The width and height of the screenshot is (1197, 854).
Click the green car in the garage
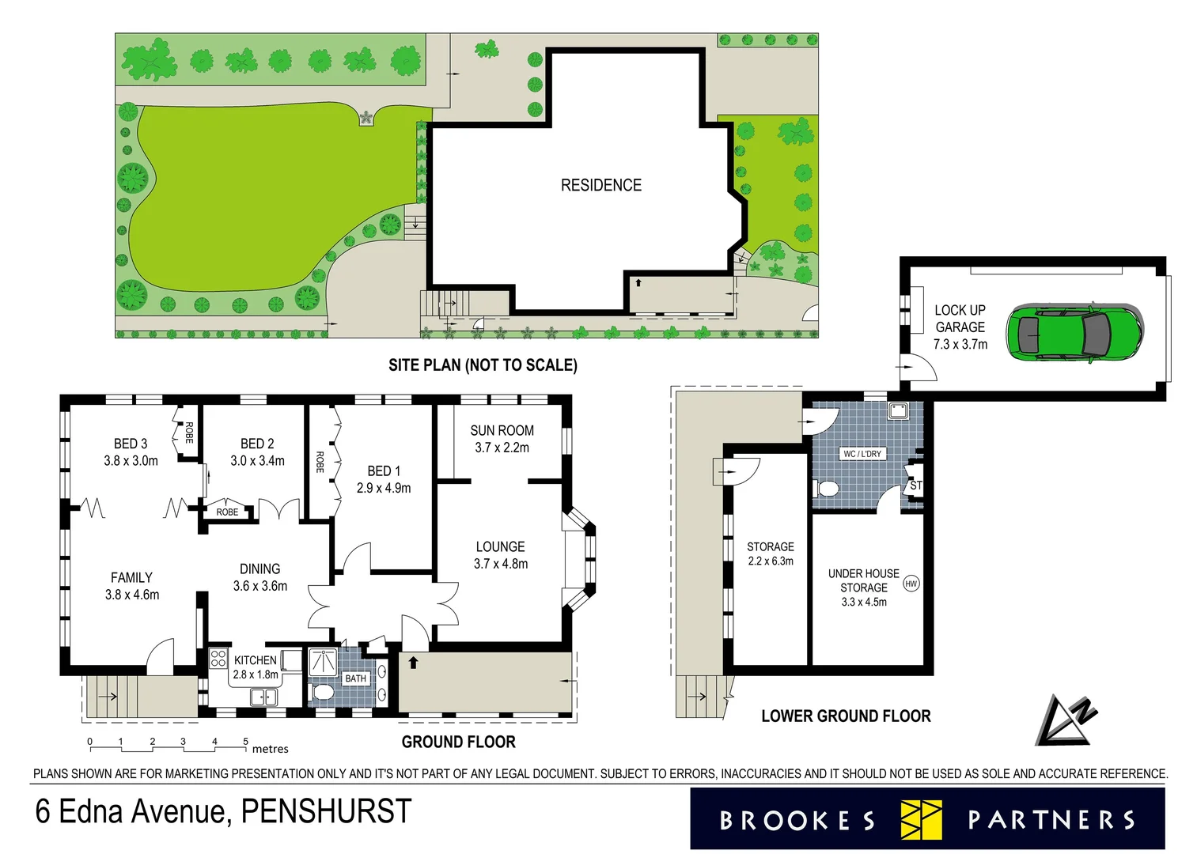tap(1074, 332)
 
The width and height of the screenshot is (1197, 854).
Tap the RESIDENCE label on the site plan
tap(600, 185)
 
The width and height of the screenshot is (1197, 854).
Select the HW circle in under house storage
tap(911, 584)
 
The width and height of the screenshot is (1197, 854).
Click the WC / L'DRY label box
tap(862, 454)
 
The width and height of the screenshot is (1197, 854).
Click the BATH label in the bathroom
tap(355, 678)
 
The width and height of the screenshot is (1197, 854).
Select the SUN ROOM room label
tap(502, 430)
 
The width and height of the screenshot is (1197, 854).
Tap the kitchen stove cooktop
tap(218, 659)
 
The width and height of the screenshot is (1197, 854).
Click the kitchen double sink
tap(263, 697)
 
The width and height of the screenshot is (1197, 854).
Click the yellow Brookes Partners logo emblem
tap(921, 819)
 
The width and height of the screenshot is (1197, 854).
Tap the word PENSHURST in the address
tap(326, 811)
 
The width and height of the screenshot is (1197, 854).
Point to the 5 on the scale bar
tap(245, 742)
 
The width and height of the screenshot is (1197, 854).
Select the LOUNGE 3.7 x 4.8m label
tap(500, 555)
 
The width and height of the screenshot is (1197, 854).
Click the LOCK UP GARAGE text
tap(960, 319)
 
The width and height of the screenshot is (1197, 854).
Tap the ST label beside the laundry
tap(915, 486)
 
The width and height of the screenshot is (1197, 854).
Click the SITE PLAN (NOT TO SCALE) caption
tap(483, 365)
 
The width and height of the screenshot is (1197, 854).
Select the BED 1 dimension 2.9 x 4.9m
tap(384, 488)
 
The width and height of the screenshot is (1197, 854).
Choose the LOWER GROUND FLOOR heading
tap(845, 716)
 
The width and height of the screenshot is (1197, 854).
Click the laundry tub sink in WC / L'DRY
tap(897, 410)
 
